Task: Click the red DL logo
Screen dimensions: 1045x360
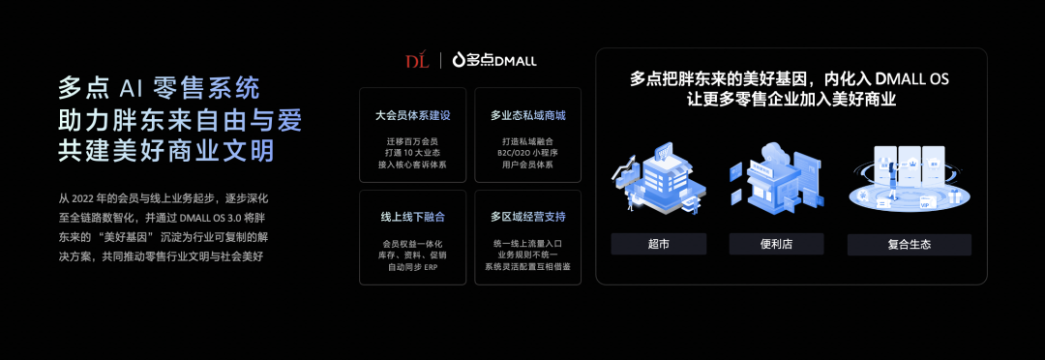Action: [417, 61]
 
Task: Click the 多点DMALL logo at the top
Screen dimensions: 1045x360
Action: [495, 61]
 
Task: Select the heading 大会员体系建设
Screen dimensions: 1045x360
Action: [413, 115]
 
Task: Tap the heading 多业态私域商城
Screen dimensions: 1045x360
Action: [528, 115]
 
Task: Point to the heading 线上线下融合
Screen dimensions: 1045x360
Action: [413, 216]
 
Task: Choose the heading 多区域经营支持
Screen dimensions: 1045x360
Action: [528, 216]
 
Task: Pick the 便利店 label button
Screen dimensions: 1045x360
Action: [777, 244]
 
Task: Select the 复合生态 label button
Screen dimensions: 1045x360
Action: [909, 244]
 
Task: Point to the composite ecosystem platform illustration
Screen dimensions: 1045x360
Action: [909, 179]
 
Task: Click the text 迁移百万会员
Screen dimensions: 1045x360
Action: [413, 141]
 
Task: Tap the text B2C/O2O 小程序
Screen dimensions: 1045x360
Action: [528, 153]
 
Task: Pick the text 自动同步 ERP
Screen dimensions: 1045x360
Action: [413, 266]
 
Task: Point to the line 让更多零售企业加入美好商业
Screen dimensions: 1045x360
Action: [791, 100]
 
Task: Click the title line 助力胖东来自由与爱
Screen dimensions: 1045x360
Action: [179, 120]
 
